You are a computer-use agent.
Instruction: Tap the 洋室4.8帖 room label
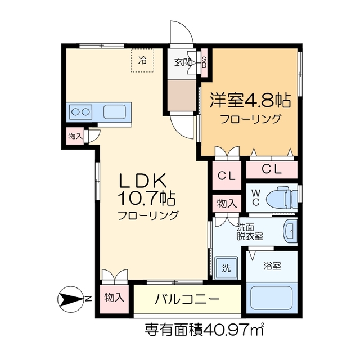(x=250, y=101)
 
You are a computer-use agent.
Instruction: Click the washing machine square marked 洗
(x=226, y=267)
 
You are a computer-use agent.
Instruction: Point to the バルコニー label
(x=187, y=299)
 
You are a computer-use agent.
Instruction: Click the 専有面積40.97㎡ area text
(x=205, y=328)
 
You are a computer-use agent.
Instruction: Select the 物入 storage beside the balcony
(x=114, y=298)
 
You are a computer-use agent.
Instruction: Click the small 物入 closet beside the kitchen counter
(x=75, y=136)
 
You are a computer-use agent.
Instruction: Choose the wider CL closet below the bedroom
(x=272, y=168)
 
